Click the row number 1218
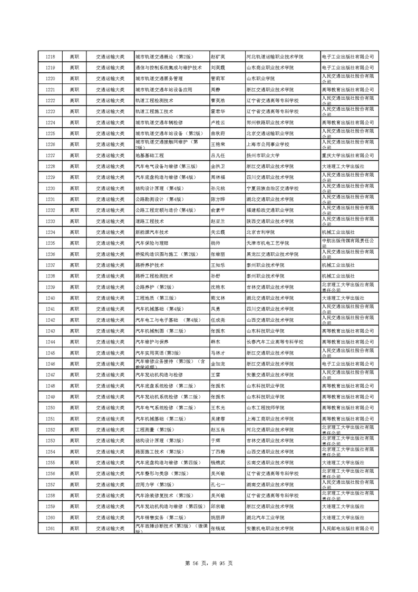[x=51, y=56]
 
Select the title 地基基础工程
[x=150, y=156]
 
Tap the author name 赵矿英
[x=218, y=56]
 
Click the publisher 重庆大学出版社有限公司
[x=347, y=156]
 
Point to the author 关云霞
[x=218, y=232]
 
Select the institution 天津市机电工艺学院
[x=268, y=243]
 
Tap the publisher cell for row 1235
[x=347, y=243]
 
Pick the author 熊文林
[x=218, y=298]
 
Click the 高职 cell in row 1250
[x=74, y=408]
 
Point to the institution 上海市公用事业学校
[x=268, y=145]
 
